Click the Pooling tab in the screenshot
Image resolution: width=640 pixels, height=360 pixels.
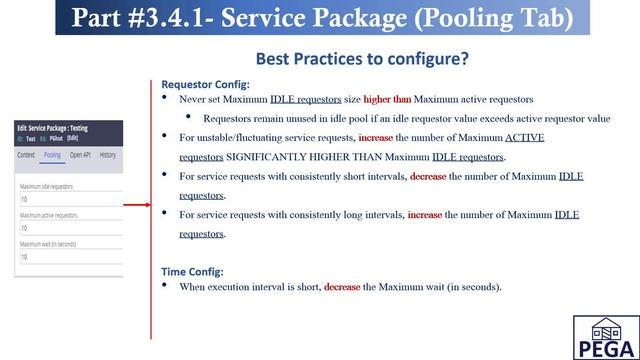pyautogui.click(x=52, y=155)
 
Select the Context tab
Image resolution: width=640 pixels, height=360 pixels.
pyautogui.click(x=27, y=155)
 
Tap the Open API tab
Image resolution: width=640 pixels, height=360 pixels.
pyautogui.click(x=80, y=155)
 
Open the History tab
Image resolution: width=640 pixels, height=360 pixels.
pyautogui.click(x=108, y=155)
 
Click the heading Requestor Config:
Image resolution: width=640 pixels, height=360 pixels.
pyautogui.click(x=205, y=85)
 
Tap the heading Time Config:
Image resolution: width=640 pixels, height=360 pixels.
pyautogui.click(x=192, y=271)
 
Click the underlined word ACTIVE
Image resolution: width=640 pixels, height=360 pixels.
pyautogui.click(x=524, y=137)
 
